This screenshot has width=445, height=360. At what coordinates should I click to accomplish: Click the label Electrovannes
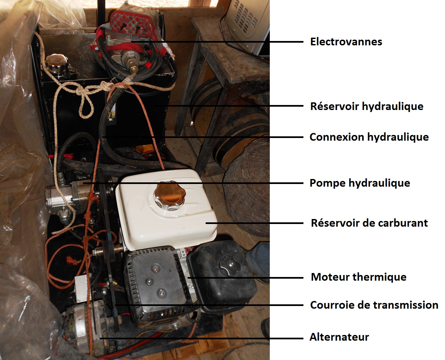point(346,42)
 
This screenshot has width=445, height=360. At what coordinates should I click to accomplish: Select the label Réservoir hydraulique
point(367,106)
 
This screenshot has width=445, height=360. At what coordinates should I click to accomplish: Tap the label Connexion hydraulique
point(369,137)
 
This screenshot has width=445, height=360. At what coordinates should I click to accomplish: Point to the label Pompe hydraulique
point(360,183)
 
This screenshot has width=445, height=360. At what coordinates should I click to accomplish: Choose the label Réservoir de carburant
point(369,223)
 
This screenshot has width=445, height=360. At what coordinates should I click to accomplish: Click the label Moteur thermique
point(358,277)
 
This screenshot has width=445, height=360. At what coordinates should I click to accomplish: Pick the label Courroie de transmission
point(374,305)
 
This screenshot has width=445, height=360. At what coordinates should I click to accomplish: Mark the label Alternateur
point(339,337)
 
